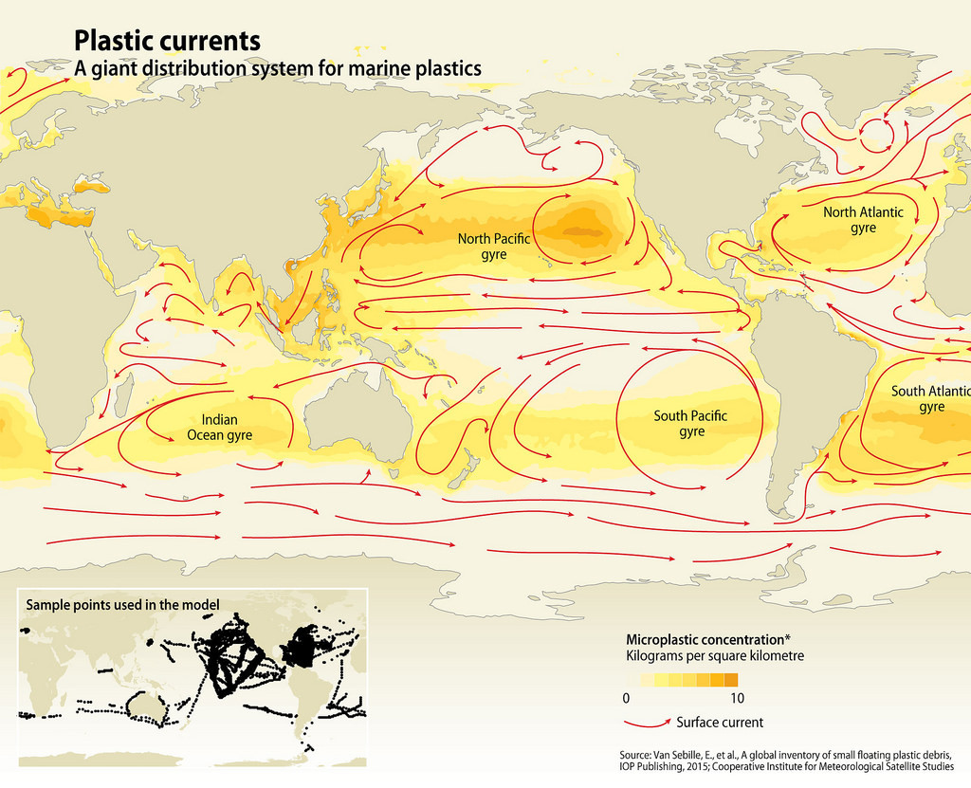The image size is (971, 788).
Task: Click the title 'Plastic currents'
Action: tap(167, 42)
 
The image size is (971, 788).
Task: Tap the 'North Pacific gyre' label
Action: tap(494, 247)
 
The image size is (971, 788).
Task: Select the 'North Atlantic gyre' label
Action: tap(863, 220)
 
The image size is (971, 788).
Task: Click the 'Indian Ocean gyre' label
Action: tap(219, 427)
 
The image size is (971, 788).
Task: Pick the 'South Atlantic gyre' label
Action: tap(930, 398)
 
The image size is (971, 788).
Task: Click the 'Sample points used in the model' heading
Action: tap(122, 604)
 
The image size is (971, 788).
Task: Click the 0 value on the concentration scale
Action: tap(626, 698)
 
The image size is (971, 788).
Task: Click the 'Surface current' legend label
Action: tap(720, 722)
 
